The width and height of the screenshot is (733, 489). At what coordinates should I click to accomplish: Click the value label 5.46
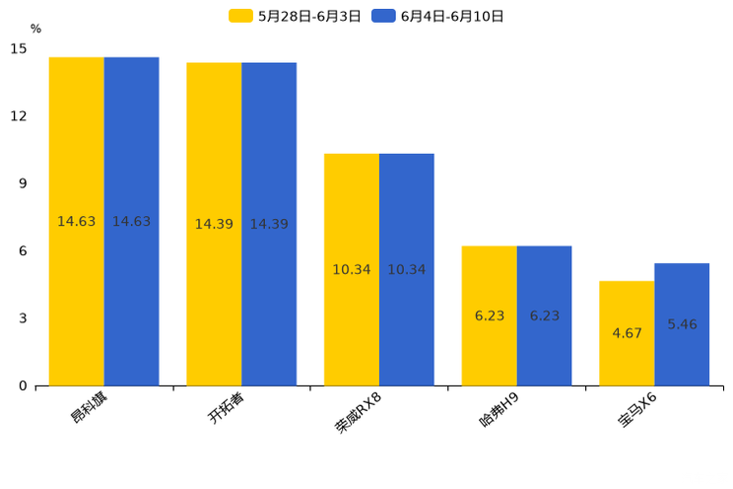682,324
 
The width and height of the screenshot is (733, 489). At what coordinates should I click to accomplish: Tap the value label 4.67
627,333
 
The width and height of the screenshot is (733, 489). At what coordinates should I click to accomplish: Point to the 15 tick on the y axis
19,48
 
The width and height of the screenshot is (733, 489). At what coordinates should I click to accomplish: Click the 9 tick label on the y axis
22,183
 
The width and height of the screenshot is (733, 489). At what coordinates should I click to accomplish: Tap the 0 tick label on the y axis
22,385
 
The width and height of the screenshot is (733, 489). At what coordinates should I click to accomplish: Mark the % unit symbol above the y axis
35,29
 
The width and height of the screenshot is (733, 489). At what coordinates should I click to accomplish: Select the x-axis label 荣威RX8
358,413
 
